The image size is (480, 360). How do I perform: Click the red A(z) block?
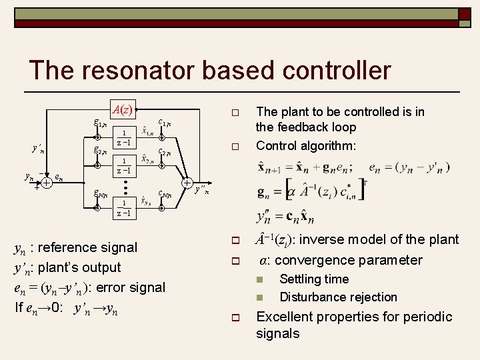pyautogui.click(x=123, y=109)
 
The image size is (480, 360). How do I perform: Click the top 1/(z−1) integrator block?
pyautogui.click(x=123, y=139)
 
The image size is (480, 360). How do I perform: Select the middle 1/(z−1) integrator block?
pyautogui.click(x=123, y=166)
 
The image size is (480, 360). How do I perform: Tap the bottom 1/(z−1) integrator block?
pyautogui.click(x=123, y=208)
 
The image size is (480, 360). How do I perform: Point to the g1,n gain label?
pyautogui.click(x=101, y=123)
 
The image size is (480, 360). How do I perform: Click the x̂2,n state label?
pyautogui.click(x=148, y=160)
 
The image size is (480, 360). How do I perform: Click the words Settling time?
pyautogui.click(x=314, y=279)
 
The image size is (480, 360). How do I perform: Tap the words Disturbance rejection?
pyautogui.click(x=338, y=297)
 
